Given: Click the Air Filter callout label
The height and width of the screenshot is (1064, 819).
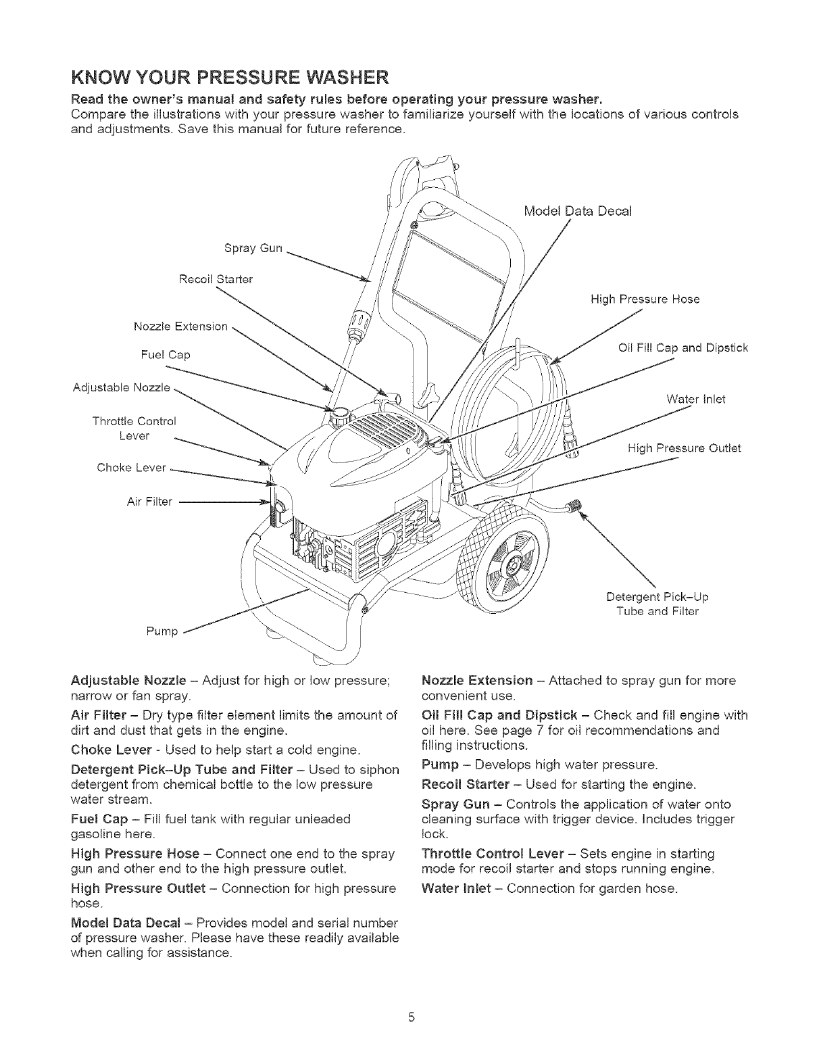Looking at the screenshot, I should click(x=150, y=501).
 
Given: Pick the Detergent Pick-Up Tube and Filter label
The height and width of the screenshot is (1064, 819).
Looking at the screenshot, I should click(x=657, y=604).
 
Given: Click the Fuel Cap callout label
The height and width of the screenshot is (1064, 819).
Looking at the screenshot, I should click(x=166, y=354).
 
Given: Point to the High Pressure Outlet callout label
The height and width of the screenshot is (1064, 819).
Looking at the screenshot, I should click(x=684, y=448).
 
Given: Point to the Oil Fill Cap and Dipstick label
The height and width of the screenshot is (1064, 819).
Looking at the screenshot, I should click(x=683, y=348).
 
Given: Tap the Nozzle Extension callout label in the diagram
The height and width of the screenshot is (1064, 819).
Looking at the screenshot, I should click(x=180, y=327).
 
